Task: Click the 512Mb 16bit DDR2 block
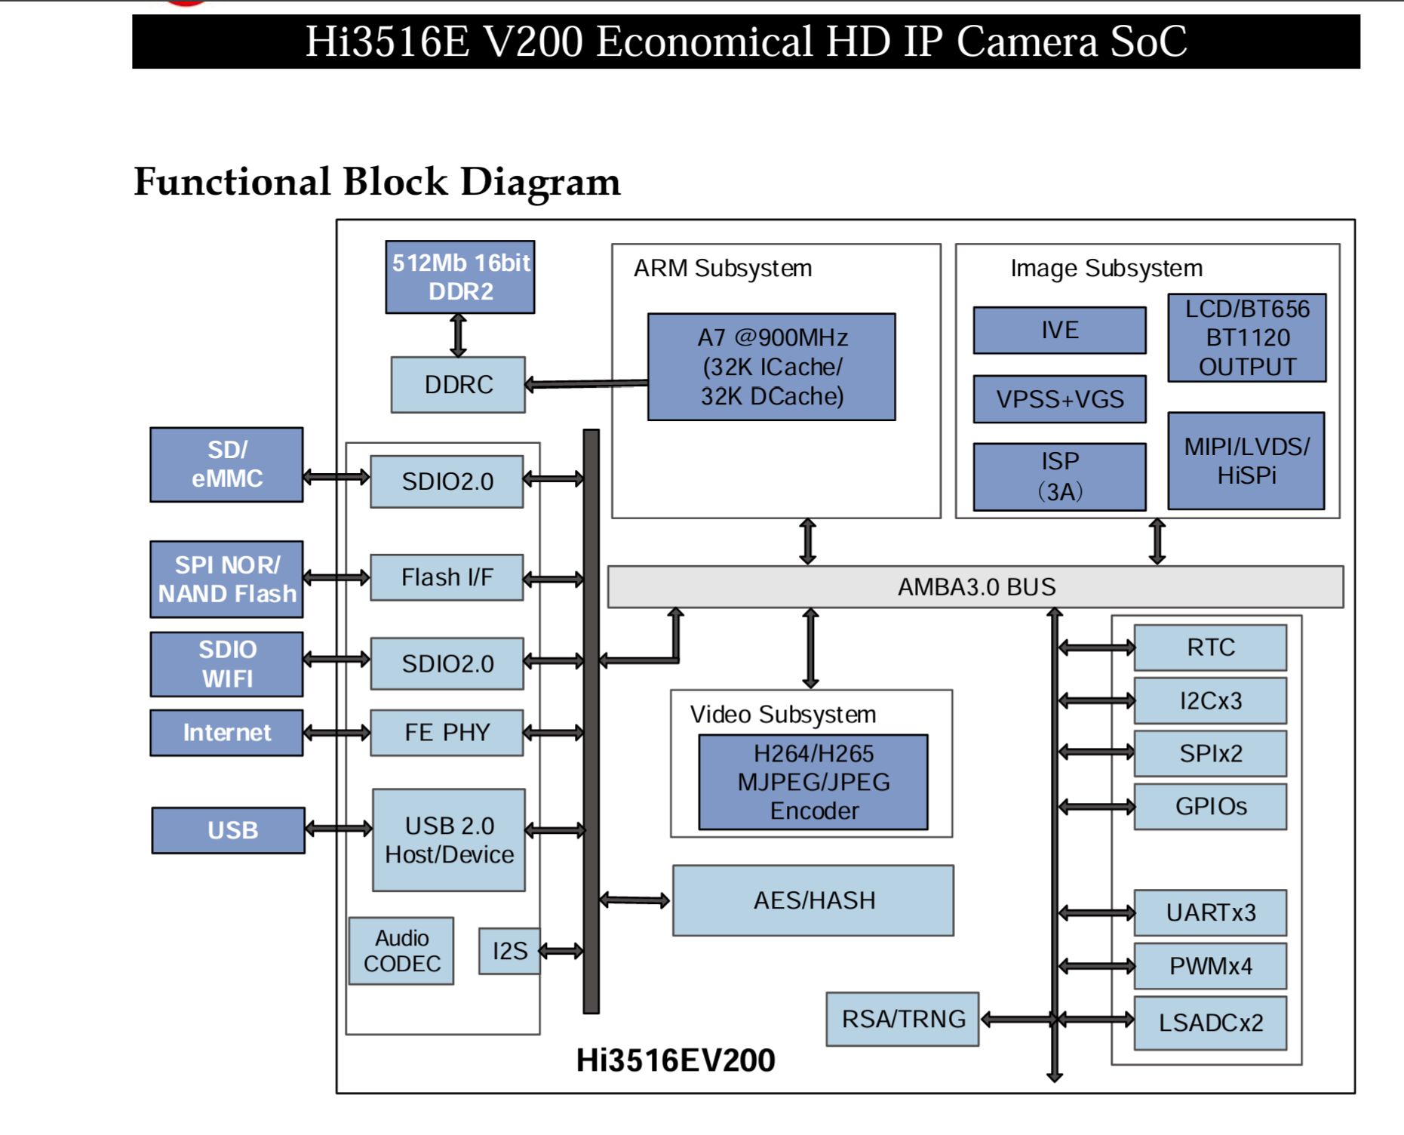tap(460, 277)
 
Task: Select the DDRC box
tap(458, 385)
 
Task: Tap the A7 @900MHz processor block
tap(772, 367)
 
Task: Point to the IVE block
tap(1059, 331)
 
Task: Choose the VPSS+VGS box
tap(1059, 399)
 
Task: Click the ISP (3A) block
tap(1059, 477)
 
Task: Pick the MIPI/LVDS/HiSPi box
tap(1246, 461)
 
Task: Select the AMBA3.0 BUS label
tap(976, 587)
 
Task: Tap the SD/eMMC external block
tap(226, 465)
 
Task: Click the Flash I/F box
tap(447, 578)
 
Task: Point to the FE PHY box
tap(447, 733)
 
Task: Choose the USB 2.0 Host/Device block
tap(449, 841)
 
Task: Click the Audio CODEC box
tap(401, 952)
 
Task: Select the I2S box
tap(509, 952)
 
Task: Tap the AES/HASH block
tap(813, 901)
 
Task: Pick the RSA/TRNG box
tap(902, 1020)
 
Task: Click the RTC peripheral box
tap(1210, 647)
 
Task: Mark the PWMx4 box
tap(1210, 966)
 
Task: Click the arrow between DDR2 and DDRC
tap(458, 335)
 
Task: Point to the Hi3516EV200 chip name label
tap(675, 1061)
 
